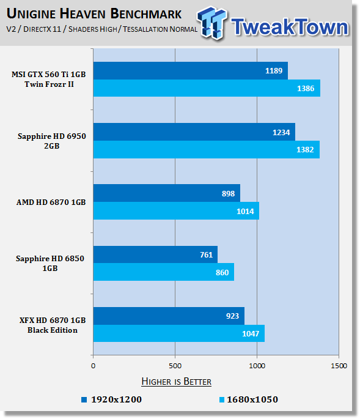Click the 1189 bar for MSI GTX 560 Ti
click(191, 70)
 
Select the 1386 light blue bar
click(207, 88)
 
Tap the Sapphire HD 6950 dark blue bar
click(194, 132)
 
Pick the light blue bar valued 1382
click(207, 149)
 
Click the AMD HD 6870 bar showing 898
click(167, 193)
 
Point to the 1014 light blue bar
click(176, 210)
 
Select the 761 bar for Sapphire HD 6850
click(155, 254)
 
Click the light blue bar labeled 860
click(164, 272)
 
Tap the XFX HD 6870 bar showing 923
click(169, 316)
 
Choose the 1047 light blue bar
click(179, 333)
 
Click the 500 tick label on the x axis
click(175, 366)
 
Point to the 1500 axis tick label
click(339, 366)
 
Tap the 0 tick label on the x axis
click(93, 366)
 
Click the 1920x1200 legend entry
click(112, 399)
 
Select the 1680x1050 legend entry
click(249, 399)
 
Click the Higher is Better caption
click(176, 381)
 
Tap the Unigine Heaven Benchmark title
click(94, 13)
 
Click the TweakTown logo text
click(290, 27)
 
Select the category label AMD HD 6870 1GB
click(51, 202)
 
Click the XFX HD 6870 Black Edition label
click(53, 325)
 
